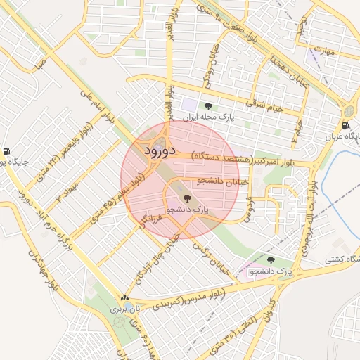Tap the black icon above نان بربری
125,297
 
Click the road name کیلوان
266,309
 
